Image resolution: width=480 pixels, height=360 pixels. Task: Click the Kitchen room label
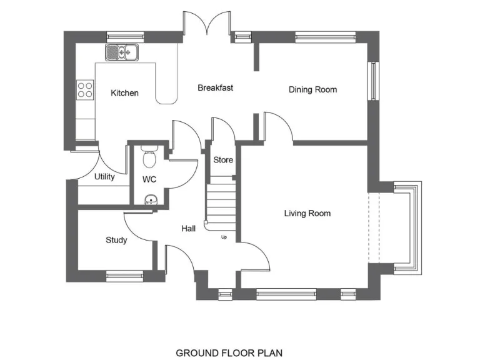click(124, 93)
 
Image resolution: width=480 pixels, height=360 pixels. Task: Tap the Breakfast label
click(215, 88)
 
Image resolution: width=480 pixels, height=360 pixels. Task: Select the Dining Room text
click(312, 90)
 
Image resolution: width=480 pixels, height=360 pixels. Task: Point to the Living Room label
click(307, 214)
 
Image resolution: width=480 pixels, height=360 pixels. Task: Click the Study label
click(116, 240)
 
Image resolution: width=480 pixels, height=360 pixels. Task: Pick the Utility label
click(104, 177)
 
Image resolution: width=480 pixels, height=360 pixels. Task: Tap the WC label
click(149, 179)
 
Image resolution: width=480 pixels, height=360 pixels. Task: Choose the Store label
click(223, 160)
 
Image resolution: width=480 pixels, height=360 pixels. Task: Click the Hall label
click(189, 229)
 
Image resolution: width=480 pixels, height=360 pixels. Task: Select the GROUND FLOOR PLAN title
click(224, 353)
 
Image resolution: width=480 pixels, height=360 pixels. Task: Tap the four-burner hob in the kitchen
click(85, 90)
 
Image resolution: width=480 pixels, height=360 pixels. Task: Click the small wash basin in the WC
click(151, 200)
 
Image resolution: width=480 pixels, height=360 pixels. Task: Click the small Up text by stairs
click(224, 237)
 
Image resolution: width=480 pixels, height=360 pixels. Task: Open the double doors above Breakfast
click(207, 25)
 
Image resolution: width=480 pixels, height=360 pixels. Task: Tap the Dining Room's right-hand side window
click(372, 81)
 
